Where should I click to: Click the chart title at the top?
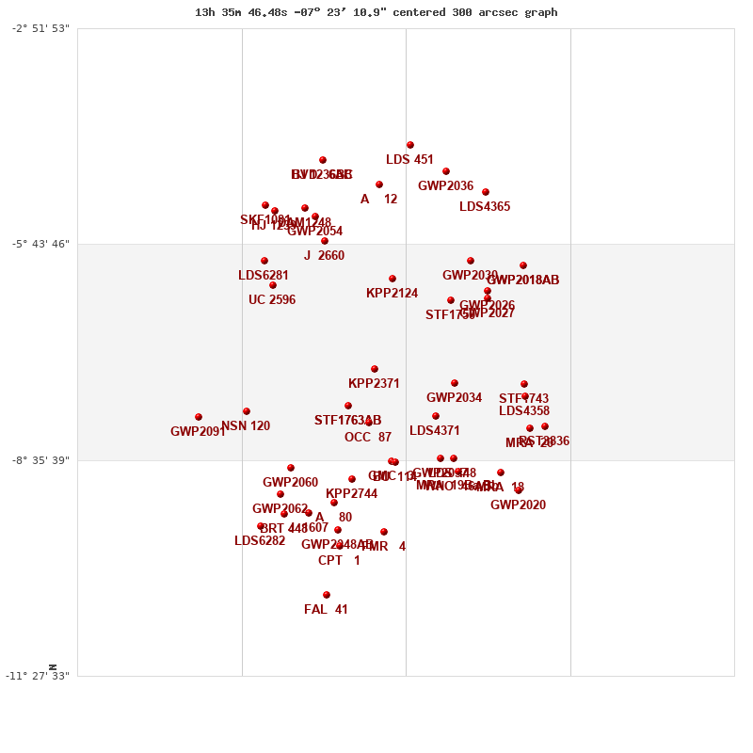click(376, 12)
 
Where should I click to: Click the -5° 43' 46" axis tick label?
click(40, 244)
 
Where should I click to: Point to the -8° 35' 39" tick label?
click(40, 460)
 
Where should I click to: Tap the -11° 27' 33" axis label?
click(37, 676)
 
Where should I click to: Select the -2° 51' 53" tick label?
click(40, 28)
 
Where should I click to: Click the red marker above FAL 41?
click(327, 595)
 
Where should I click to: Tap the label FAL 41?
click(326, 610)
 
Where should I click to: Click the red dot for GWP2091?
click(199, 417)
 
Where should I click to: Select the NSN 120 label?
click(246, 426)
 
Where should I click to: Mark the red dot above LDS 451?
click(410, 145)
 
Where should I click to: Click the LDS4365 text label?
click(485, 207)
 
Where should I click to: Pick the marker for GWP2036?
click(446, 171)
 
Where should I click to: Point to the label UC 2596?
click(272, 300)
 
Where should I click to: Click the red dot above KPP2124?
click(393, 279)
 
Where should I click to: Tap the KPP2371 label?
click(374, 384)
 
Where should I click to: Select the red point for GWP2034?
click(455, 383)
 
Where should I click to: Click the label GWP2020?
click(518, 505)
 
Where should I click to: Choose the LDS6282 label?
click(260, 541)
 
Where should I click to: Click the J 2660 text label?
click(324, 256)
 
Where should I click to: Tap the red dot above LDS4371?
click(436, 416)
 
